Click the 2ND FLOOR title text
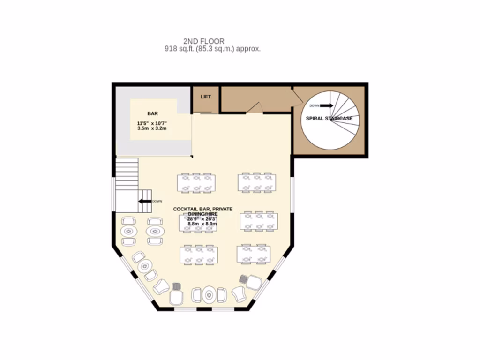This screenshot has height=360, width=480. pos(203,41)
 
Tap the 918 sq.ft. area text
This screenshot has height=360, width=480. pos(212,49)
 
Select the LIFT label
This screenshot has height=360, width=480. pos(206,97)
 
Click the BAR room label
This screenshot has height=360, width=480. pos(153,113)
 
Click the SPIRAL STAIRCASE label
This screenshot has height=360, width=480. pos(329,119)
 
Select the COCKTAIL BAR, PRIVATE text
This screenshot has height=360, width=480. pos(202,209)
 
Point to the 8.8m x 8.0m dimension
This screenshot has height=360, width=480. pos(202,224)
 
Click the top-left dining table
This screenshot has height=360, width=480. pos(196,183)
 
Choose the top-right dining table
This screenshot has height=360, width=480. pos(256,182)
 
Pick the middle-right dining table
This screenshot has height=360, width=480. pos(259,221)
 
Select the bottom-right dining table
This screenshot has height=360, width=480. pos(254,254)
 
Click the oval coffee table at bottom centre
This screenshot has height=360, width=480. pos(209,295)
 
